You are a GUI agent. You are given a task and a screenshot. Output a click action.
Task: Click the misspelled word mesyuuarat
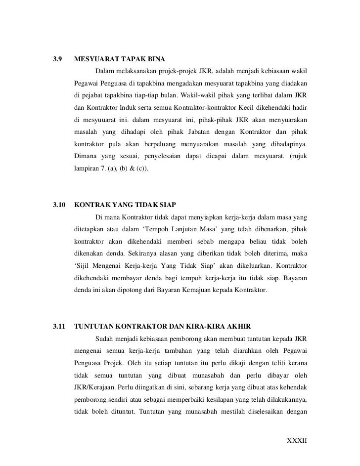(102, 120)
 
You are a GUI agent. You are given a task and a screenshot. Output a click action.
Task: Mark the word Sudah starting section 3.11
(104, 339)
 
